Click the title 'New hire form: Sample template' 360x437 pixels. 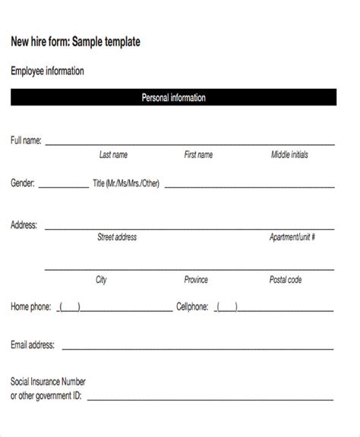tap(75, 42)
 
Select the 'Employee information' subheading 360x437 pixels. tap(47, 71)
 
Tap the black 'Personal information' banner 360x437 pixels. tap(173, 98)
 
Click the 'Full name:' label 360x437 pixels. tap(27, 140)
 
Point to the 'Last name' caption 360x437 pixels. tap(113, 155)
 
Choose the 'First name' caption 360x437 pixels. tap(198, 155)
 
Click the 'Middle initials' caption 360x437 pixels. tap(289, 155)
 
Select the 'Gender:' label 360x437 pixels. tap(23, 183)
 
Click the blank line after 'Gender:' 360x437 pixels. tap(63, 186)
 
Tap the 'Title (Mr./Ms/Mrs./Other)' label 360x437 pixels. tap(126, 183)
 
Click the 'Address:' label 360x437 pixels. tap(25, 225)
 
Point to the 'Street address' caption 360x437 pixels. tap(117, 237)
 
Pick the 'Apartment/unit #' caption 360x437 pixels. tap(292, 237)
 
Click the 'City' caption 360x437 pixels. tap(101, 280)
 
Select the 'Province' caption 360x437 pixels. tap(196, 280)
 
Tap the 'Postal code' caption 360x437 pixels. tap(286, 280)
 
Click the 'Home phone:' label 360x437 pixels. tap(31, 307)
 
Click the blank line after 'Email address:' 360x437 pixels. tap(197, 349)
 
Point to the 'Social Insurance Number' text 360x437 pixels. tap(48, 382)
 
